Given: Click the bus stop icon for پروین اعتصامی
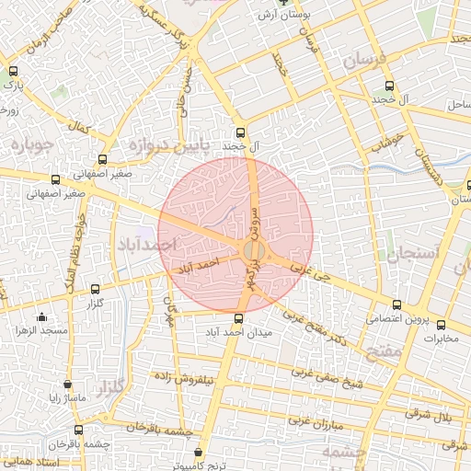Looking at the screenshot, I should click(397, 304).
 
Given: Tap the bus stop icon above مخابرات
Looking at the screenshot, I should click(441, 325).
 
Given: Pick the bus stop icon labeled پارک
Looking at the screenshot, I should click(13, 71).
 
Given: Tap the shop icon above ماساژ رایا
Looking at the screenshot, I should click(67, 385).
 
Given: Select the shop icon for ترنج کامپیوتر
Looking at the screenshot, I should click(201, 452).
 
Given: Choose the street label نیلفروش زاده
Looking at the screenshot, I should click(183, 377).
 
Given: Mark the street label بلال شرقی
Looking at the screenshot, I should click(434, 415).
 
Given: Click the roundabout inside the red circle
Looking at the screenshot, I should click(254, 251).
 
